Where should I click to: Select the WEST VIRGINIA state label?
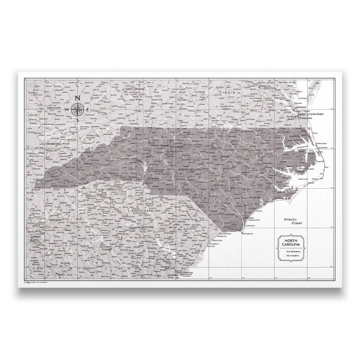(135, 89)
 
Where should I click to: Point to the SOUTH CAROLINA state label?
(147, 211)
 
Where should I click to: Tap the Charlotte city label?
(153, 178)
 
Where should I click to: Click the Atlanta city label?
(37, 236)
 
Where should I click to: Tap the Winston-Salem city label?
(159, 146)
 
